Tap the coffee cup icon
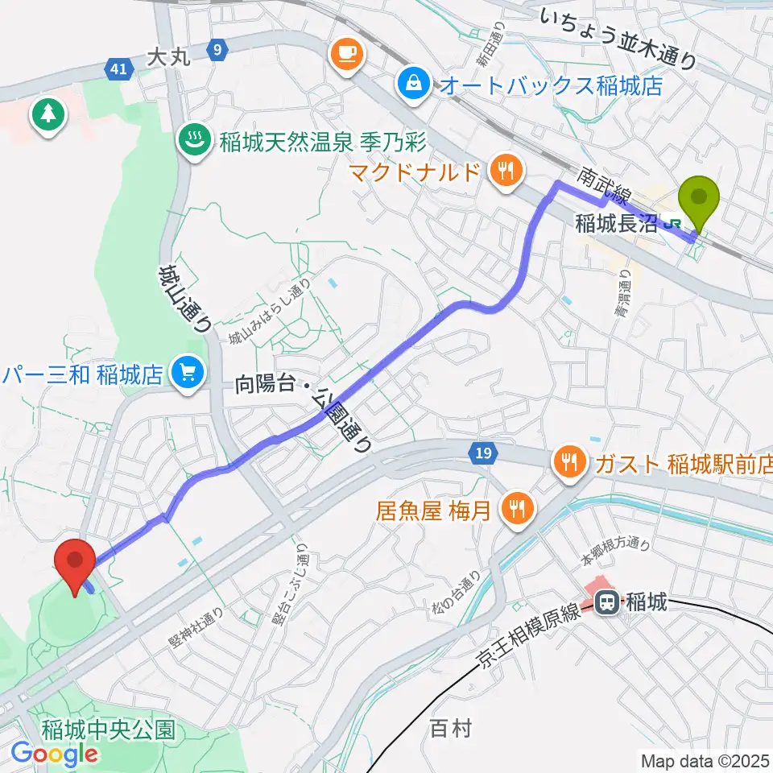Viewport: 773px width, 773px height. tap(348, 54)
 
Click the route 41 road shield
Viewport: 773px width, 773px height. tap(118, 70)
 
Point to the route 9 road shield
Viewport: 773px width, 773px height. tap(215, 50)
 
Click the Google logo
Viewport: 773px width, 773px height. tap(54, 753)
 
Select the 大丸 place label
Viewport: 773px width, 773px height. tap(167, 57)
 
